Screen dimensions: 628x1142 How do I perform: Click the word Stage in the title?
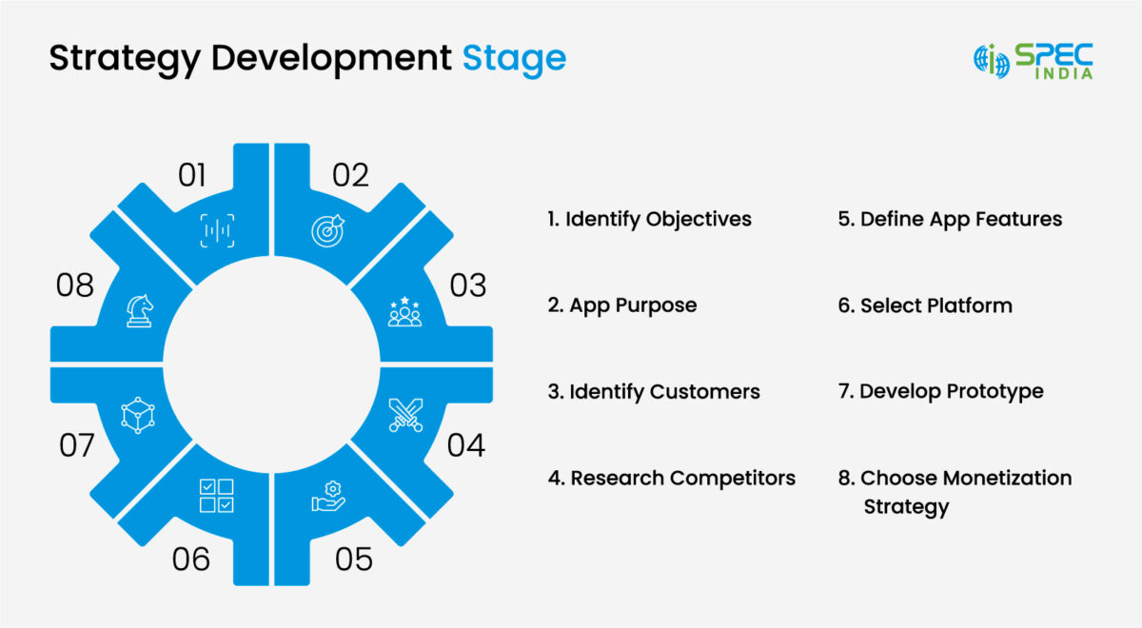click(x=514, y=58)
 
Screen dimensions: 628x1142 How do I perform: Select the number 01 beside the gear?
click(x=192, y=175)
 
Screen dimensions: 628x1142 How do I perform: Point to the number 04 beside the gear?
click(x=465, y=444)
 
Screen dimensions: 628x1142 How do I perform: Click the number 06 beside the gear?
click(x=191, y=559)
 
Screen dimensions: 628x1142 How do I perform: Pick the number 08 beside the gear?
click(x=74, y=285)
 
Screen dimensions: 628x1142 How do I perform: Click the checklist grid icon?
click(x=216, y=496)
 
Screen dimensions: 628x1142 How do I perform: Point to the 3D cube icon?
click(x=138, y=416)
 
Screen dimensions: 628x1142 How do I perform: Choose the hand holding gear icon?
click(x=328, y=496)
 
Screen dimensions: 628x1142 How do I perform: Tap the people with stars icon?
click(x=405, y=311)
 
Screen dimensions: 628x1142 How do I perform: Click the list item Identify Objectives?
click(x=649, y=219)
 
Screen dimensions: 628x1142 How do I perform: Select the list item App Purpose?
click(x=622, y=305)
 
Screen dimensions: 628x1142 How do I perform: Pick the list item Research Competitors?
click(x=671, y=478)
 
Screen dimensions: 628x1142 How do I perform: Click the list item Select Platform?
click(x=925, y=305)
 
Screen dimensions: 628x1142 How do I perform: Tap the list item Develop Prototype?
click(x=940, y=391)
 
